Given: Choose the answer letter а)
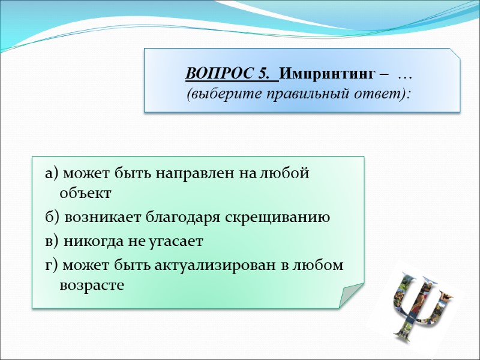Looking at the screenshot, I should click(51, 174).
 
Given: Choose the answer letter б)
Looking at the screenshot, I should click(52, 217).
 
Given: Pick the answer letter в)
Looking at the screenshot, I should click(52, 241).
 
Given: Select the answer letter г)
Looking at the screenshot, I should click(50, 265).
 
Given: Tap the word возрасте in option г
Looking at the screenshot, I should click(92, 285).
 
